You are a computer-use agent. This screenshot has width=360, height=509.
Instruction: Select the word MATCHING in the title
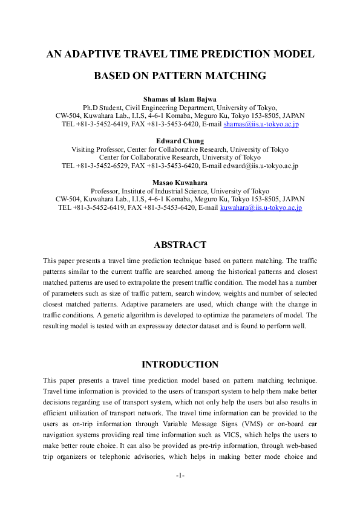click(x=234, y=76)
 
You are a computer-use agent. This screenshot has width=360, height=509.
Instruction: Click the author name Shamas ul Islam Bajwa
click(x=180, y=98)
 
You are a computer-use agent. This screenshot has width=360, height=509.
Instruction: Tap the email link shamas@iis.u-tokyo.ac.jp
click(x=261, y=124)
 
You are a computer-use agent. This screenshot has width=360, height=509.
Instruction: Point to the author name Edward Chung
click(x=180, y=141)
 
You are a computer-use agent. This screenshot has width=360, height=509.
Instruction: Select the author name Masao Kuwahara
click(x=180, y=183)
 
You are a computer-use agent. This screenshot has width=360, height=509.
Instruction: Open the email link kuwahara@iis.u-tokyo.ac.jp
click(x=261, y=207)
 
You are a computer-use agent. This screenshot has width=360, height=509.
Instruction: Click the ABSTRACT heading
click(x=180, y=245)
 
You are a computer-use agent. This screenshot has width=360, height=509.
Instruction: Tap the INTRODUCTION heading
click(x=180, y=365)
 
